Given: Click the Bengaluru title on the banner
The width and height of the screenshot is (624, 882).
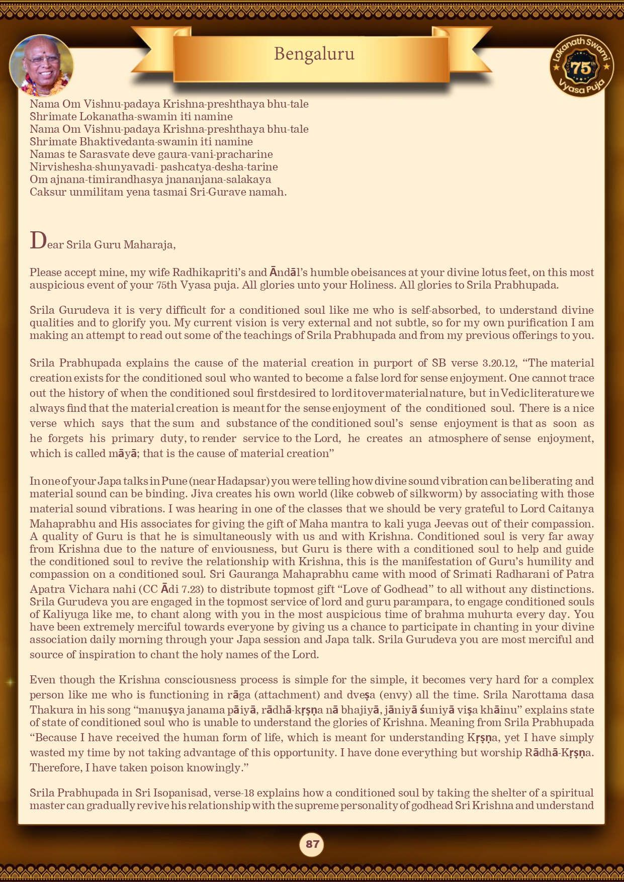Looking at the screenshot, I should click(x=314, y=53).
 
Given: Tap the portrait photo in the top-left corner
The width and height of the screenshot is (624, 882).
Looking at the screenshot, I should click(x=41, y=66).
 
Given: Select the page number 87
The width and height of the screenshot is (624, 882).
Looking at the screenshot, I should click(x=312, y=844).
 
